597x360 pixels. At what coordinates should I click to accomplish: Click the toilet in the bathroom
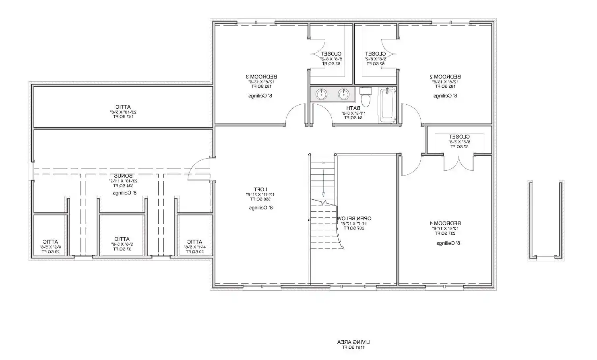366,97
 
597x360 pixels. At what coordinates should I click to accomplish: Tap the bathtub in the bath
388,106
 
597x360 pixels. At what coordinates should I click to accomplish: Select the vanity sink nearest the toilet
343,94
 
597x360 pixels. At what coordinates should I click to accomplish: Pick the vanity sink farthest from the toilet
321,94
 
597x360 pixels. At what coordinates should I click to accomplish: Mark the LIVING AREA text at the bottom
353,342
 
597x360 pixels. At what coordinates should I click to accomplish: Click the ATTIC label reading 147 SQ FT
122,107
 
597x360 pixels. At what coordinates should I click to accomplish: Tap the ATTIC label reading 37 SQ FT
122,239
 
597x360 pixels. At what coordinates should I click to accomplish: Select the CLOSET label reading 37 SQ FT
459,137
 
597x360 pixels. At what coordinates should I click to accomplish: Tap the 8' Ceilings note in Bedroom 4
448,243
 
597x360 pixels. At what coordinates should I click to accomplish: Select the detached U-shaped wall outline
545,221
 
